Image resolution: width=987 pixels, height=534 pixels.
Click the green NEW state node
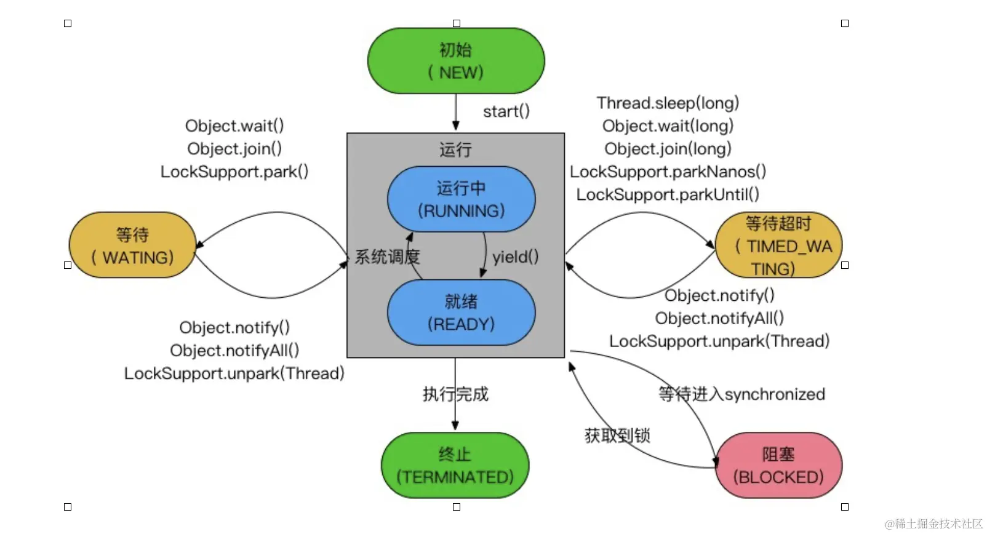[x=456, y=61]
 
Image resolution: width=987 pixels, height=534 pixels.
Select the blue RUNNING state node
[x=461, y=199]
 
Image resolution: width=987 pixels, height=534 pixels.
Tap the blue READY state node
[x=461, y=313]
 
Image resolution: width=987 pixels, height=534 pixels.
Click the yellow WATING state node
[x=132, y=245]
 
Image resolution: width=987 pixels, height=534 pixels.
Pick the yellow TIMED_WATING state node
[x=778, y=245]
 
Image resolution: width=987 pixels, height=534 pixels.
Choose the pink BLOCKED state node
[x=778, y=465]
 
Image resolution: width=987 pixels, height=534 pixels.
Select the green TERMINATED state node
[x=455, y=465]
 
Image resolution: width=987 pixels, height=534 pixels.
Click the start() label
[x=506, y=111]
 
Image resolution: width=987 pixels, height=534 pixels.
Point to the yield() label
[x=515, y=257]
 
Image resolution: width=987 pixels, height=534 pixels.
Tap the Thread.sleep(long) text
[x=668, y=103]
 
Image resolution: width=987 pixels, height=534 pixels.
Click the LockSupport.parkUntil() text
[x=668, y=194]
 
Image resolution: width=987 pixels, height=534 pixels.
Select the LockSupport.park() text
[x=234, y=172]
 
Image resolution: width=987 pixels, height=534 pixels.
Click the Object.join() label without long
[x=234, y=149]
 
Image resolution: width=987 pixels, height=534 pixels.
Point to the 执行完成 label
[x=455, y=394]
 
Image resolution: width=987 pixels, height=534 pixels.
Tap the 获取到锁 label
[x=617, y=436]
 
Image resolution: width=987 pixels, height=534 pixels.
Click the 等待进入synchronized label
[x=741, y=394]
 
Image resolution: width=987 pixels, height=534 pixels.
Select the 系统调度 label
[x=387, y=257]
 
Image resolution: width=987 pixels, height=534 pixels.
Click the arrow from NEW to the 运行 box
[x=456, y=112]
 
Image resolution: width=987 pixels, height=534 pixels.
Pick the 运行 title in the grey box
[x=455, y=149]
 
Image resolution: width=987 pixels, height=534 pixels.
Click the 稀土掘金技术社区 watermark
[x=933, y=524]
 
